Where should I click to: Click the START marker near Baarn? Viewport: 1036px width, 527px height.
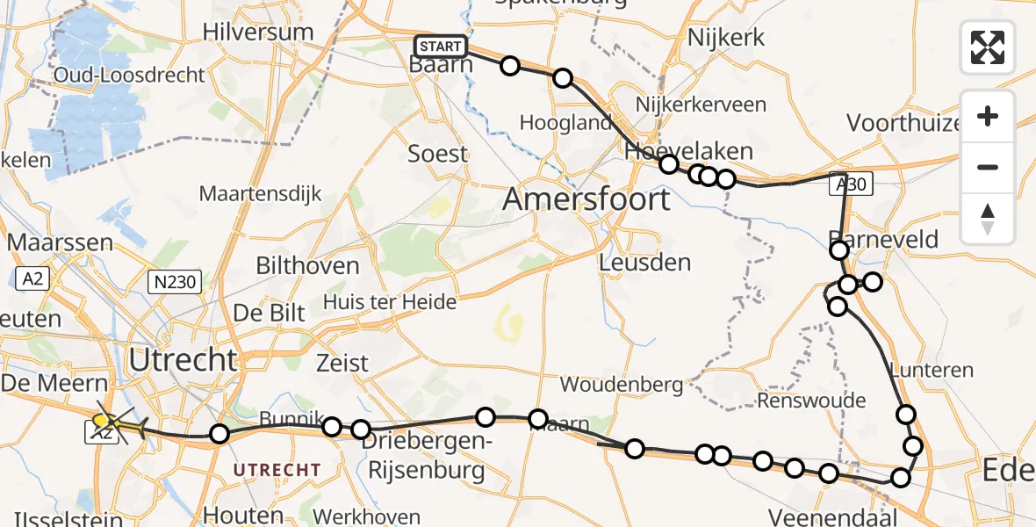pyautogui.click(x=441, y=47)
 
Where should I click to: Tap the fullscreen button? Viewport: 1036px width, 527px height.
pyautogui.click(x=988, y=47)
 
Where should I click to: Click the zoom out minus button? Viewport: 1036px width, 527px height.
pyautogui.click(x=988, y=167)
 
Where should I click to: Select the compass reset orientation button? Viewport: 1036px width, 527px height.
pyautogui.click(x=988, y=218)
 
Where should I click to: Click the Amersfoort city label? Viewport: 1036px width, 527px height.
pyautogui.click(x=586, y=199)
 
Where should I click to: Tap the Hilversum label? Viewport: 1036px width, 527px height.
pyautogui.click(x=257, y=32)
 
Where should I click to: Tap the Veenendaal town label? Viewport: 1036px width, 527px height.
pyautogui.click(x=832, y=516)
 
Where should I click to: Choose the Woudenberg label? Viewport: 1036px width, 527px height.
pyautogui.click(x=622, y=384)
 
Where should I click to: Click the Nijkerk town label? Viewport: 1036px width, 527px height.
pyautogui.click(x=726, y=37)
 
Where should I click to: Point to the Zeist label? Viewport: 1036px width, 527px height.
pyautogui.click(x=342, y=362)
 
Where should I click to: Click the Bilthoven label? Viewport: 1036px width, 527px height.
pyautogui.click(x=307, y=265)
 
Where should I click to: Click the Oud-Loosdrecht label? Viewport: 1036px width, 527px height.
pyautogui.click(x=129, y=74)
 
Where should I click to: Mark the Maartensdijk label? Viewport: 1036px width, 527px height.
pyautogui.click(x=261, y=193)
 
